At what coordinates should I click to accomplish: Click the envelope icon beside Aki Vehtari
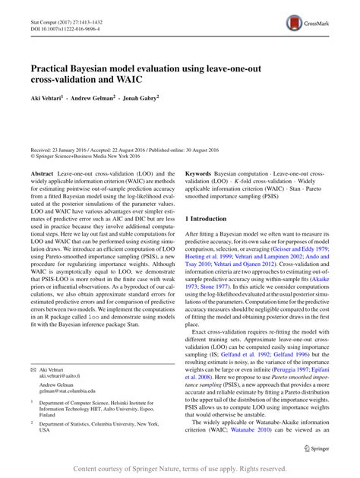tap(33, 372)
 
